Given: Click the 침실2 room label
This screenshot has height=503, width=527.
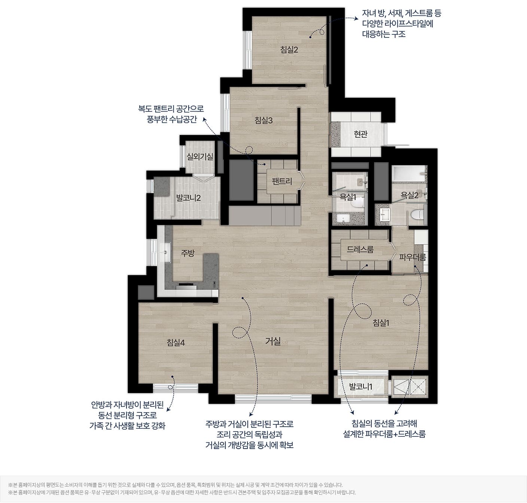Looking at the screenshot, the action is pos(289,50).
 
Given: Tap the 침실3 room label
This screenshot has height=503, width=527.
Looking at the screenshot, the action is pos(263,121).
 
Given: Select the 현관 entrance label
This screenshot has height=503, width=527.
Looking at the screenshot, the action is pos(360,134).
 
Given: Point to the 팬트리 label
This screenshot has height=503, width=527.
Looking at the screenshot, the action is pos(282,181).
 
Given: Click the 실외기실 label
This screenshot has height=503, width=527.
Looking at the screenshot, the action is pos(200,156).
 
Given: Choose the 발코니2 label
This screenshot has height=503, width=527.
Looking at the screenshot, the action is pos(188,198).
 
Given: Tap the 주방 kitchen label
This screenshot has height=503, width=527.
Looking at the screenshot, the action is pos(188,253).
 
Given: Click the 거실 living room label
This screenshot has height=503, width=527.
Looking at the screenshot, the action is pos(273,341).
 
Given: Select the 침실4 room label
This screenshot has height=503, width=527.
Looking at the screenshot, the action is pos(176,342).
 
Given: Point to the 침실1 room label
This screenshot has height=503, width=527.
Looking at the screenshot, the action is pos(381,323).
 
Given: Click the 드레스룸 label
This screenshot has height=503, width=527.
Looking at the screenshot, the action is pos(360,249).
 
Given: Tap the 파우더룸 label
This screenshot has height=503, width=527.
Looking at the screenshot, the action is pos(412,257).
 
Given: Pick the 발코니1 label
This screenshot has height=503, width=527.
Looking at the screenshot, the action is pos(360,387).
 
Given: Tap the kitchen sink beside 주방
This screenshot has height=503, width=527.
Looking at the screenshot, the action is pos(165,252).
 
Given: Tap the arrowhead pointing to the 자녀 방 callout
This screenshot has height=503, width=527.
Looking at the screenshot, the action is pos(357,18).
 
